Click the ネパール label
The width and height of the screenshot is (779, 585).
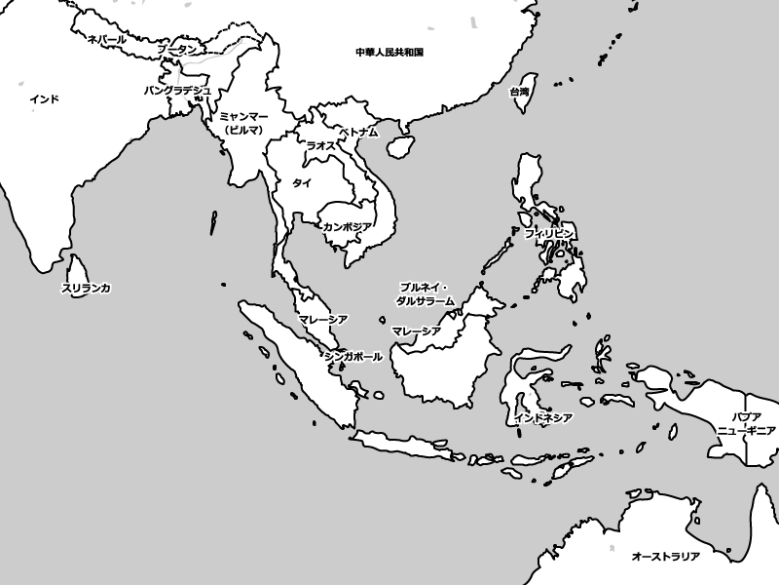click(106, 39)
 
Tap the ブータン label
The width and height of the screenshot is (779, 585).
click(176, 49)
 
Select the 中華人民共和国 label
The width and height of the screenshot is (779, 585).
click(389, 51)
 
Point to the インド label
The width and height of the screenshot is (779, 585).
click(44, 98)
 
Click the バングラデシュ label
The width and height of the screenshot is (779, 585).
click(177, 90)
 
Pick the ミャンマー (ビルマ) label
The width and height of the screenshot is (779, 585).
click(244, 122)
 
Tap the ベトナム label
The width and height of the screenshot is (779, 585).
click(357, 131)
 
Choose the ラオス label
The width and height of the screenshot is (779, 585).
click(320, 144)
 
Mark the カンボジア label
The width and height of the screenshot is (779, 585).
click(347, 226)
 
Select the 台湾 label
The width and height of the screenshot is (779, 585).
click(520, 92)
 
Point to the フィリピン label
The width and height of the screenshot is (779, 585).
click(549, 234)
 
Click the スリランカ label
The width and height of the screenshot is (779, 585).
click(86, 288)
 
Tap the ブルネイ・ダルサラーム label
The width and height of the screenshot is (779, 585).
click(426, 294)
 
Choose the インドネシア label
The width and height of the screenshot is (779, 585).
click(541, 417)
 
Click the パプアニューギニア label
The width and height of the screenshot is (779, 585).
click(746, 423)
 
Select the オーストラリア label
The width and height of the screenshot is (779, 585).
click(666, 556)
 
